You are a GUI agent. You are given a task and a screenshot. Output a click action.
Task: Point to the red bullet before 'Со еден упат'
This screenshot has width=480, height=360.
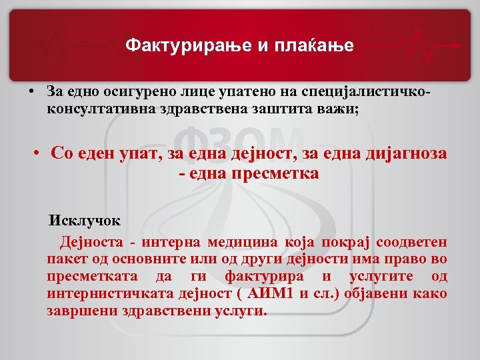tap(39, 153)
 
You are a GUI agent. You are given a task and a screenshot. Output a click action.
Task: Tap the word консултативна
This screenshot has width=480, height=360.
tap(99, 107)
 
